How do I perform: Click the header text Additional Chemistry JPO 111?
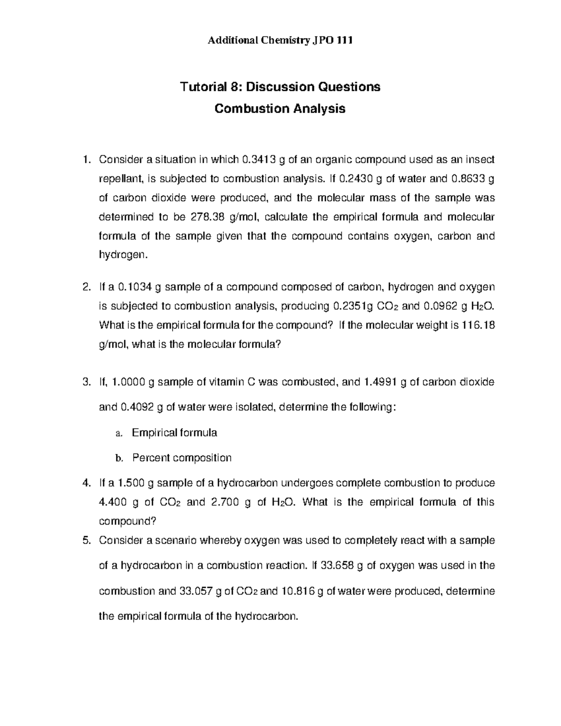pos(280,40)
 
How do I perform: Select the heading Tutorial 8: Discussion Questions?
pos(280,86)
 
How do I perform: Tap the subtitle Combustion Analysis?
pos(280,108)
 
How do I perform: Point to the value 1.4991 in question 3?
pos(380,382)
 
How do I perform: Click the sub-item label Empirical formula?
pos(174,432)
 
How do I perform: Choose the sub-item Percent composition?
pos(182,457)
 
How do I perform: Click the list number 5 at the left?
pos(86,540)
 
